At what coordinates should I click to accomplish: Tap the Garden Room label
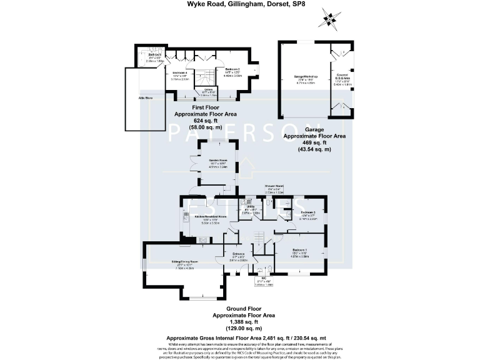[x=217, y=162]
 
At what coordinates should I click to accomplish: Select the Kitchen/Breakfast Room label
[x=205, y=216]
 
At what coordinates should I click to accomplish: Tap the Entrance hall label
[x=239, y=255]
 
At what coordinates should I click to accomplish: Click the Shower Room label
[x=274, y=186]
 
